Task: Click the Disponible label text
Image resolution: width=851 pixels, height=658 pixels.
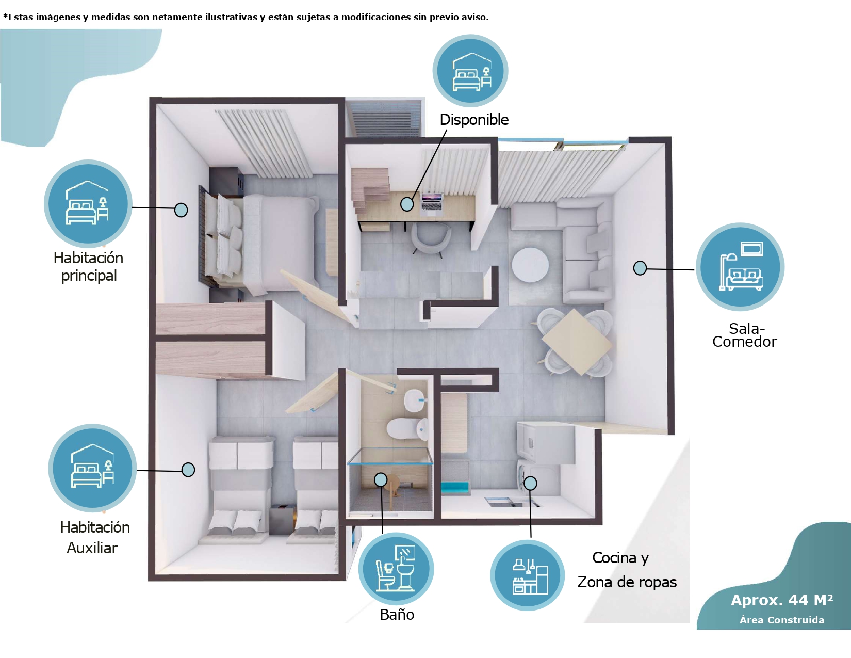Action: (x=474, y=120)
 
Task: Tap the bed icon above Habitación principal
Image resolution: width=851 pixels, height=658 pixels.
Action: (x=88, y=203)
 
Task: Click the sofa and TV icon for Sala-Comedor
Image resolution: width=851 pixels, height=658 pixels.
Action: (x=740, y=266)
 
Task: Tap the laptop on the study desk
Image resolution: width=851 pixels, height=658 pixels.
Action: (x=432, y=204)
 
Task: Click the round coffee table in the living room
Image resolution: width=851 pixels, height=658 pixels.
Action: (x=530, y=265)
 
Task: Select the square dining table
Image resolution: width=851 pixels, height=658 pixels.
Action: (x=577, y=342)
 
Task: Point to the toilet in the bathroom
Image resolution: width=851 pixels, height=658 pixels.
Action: (x=407, y=428)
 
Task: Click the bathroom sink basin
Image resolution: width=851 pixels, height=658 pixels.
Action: (x=414, y=400)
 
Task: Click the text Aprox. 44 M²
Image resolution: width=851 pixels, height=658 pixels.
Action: (x=782, y=600)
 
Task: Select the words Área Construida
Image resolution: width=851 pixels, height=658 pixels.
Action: (x=782, y=620)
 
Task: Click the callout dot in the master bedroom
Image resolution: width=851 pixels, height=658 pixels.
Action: (x=181, y=210)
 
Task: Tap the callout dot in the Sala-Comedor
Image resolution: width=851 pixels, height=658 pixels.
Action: (x=640, y=268)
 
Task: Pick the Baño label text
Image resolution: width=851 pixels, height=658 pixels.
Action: (x=397, y=615)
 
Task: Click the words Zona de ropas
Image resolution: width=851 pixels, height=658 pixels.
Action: (x=627, y=582)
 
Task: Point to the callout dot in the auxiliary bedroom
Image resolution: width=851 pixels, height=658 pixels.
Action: (x=188, y=470)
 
